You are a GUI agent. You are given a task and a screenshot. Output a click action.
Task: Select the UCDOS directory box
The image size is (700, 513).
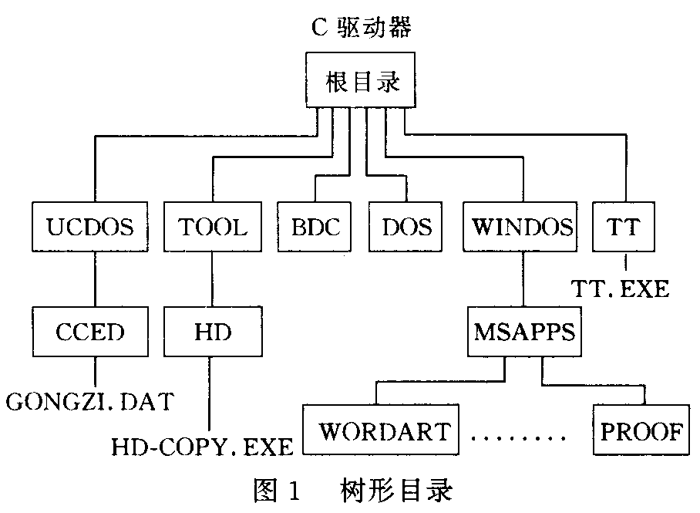tap(91, 227)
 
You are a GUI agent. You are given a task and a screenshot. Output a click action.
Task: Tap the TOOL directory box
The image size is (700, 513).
tap(213, 227)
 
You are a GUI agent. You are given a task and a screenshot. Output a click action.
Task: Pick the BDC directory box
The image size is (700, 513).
tap(316, 227)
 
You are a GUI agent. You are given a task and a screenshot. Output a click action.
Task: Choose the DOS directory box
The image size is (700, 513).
tap(406, 227)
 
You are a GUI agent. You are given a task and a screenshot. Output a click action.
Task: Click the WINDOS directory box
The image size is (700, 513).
tap(523, 227)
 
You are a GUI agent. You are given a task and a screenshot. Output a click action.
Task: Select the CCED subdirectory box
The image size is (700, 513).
tap(91, 332)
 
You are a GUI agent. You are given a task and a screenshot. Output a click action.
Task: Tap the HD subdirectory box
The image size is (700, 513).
tap(213, 332)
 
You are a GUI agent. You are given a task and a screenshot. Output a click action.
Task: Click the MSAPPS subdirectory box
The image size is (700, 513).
tap(524, 332)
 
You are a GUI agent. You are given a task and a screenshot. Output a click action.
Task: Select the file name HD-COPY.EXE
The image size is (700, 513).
tap(203, 446)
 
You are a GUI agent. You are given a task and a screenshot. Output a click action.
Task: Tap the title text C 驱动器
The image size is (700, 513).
tap(358, 29)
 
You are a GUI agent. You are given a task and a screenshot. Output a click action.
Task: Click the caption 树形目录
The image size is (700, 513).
tap(395, 490)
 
